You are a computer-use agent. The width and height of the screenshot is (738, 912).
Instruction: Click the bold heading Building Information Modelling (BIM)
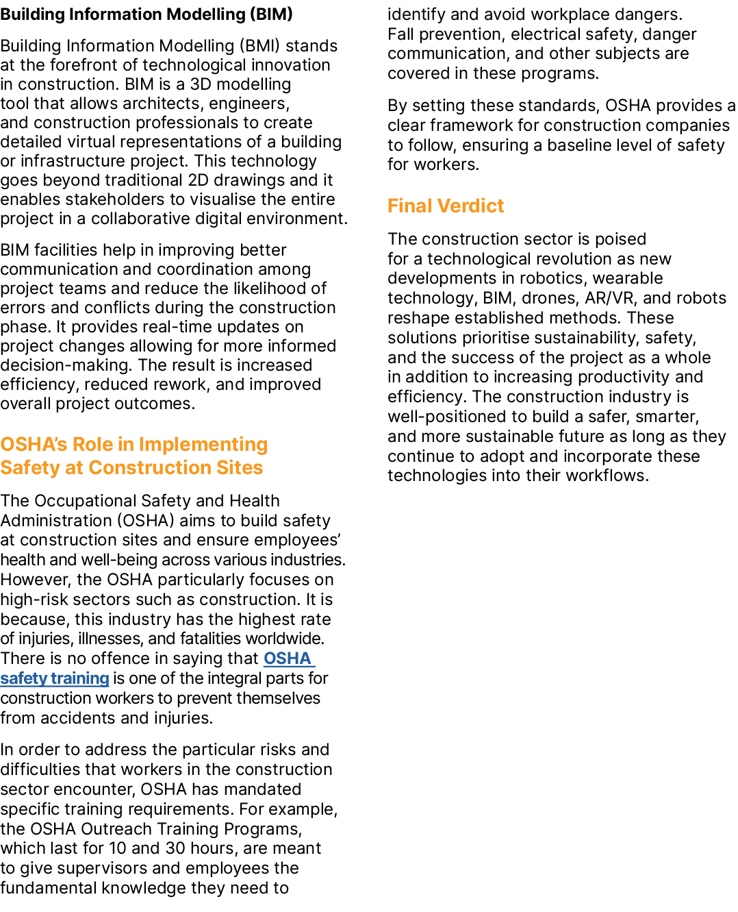pos(147,14)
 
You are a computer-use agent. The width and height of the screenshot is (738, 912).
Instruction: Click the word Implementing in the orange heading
pos(203,445)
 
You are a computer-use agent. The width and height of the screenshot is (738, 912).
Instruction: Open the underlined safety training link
pos(55,678)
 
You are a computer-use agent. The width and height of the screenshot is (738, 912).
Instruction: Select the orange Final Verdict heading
pos(445,206)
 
